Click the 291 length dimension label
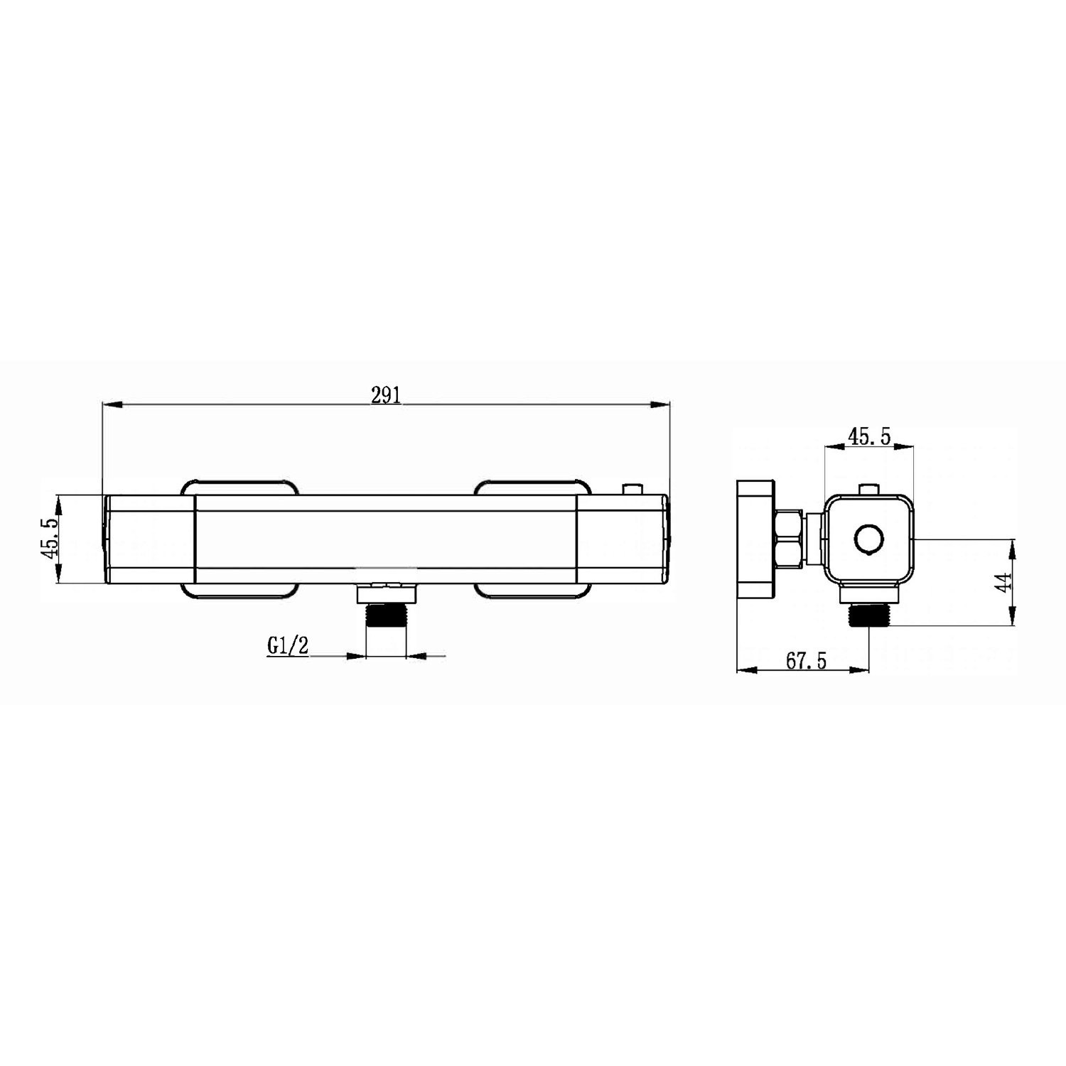point(387,396)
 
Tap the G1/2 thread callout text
point(289,646)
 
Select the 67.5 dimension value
point(806,660)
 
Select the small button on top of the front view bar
point(630,490)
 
